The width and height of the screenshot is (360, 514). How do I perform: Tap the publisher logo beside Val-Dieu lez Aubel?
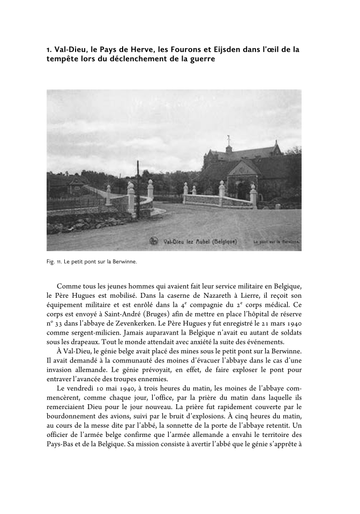click(x=154, y=241)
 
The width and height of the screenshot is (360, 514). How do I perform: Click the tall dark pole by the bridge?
click(x=138, y=187)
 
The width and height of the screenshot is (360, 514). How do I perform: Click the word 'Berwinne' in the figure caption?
click(x=125, y=262)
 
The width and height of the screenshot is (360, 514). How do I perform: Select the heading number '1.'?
click(x=49, y=50)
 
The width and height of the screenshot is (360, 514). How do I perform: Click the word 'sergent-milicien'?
click(x=94, y=335)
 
